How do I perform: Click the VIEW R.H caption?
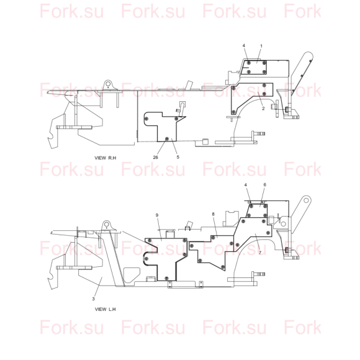pyautogui.click(x=106, y=158)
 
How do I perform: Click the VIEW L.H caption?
pyautogui.click(x=106, y=309)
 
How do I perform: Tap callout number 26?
pyautogui.click(x=155, y=157)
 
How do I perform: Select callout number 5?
pyautogui.click(x=178, y=157)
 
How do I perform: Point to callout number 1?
pyautogui.click(x=261, y=46)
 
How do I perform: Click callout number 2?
pyautogui.click(x=263, y=109)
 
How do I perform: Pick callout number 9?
pyautogui.click(x=157, y=215)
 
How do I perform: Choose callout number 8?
pyautogui.click(x=214, y=214)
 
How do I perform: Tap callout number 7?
pyautogui.click(x=260, y=253)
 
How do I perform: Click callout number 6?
pyautogui.click(x=264, y=184)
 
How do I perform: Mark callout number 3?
pyautogui.click(x=94, y=299)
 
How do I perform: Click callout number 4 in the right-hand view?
pyautogui.click(x=244, y=46)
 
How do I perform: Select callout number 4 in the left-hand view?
pyautogui.click(x=246, y=185)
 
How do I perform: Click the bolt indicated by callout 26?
pyautogui.click(x=167, y=139)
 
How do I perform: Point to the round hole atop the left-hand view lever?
pyautogui.click(x=306, y=200)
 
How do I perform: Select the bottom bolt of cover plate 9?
pyautogui.click(x=167, y=278)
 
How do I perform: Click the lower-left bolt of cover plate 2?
pyautogui.click(x=233, y=112)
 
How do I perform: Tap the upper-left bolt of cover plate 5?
pyautogui.click(x=146, y=119)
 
